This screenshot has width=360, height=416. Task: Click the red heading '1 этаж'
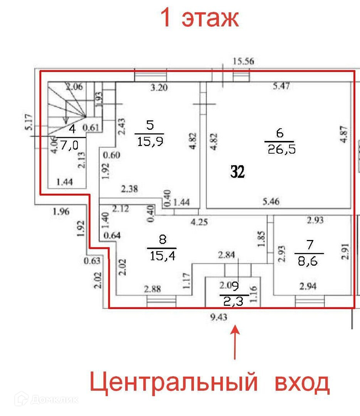[x=199, y=18]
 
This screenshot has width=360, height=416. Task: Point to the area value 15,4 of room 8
[x=162, y=255]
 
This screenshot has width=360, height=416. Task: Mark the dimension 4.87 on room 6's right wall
[x=345, y=135]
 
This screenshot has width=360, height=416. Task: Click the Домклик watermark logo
[x=46, y=399]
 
